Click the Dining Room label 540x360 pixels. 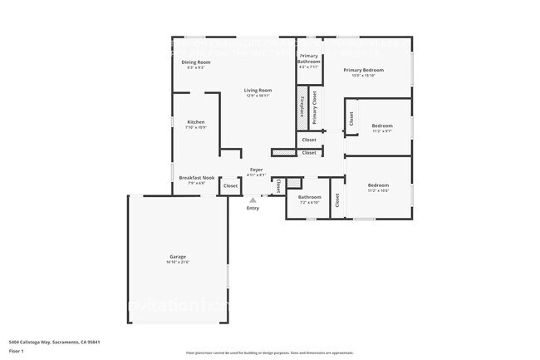196,62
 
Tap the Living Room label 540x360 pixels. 258,90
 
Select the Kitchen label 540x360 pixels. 195,122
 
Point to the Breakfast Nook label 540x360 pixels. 197,177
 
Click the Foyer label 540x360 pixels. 257,170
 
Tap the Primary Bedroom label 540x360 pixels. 366,70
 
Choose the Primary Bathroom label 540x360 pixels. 309,58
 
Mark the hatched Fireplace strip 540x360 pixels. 301,108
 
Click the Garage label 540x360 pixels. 178,256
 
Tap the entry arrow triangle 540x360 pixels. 253,199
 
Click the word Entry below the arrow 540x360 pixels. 253,208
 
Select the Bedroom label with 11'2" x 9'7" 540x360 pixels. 382,126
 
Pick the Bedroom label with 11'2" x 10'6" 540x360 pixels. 378,185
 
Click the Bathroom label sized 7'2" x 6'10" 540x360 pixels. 308,197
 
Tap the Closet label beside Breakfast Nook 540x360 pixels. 230,186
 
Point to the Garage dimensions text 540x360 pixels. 178,262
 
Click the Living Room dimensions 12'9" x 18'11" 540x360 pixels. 258,96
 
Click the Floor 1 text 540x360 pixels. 16,352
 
